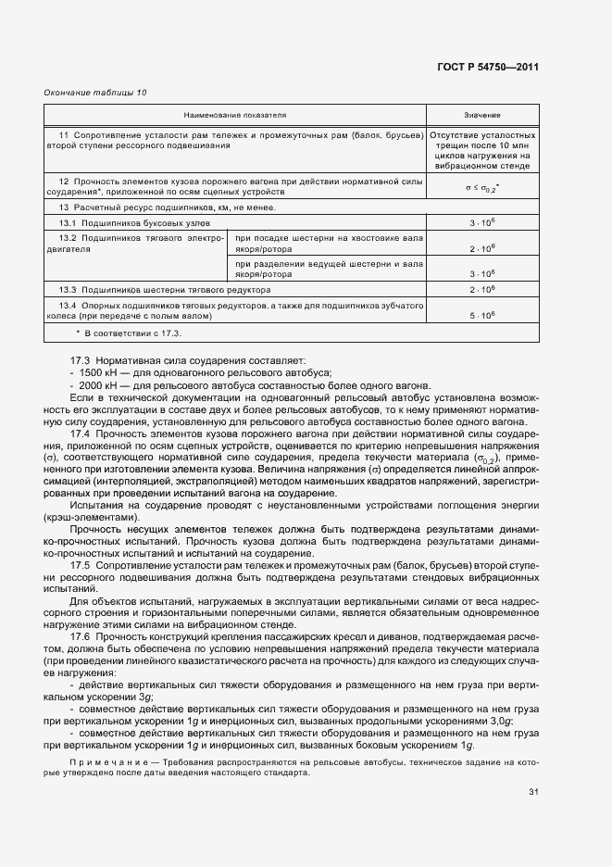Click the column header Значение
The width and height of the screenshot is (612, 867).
(x=482, y=116)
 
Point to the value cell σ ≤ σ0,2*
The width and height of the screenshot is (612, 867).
(x=482, y=188)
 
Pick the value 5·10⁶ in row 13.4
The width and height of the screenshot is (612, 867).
(x=482, y=316)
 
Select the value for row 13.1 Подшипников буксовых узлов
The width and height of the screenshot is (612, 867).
(x=482, y=224)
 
